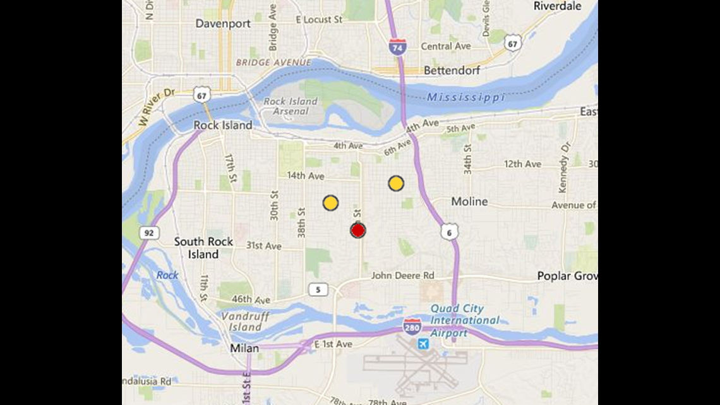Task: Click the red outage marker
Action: pos(358,230)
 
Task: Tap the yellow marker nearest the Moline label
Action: pos(396,184)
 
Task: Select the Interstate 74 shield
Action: pos(397,47)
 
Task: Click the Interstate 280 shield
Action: pos(412,326)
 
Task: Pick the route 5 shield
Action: pos(318,289)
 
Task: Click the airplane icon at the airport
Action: pos(423,344)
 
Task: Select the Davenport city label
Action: pos(223,23)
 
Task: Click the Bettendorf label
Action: pos(452,70)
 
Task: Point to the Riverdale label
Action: pos(557,6)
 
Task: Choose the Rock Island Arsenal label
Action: pos(291,106)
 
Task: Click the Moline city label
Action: pos(469,202)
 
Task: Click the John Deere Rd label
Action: pos(403,275)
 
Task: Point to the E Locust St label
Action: pos(319,20)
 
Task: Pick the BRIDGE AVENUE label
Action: pos(273,63)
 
